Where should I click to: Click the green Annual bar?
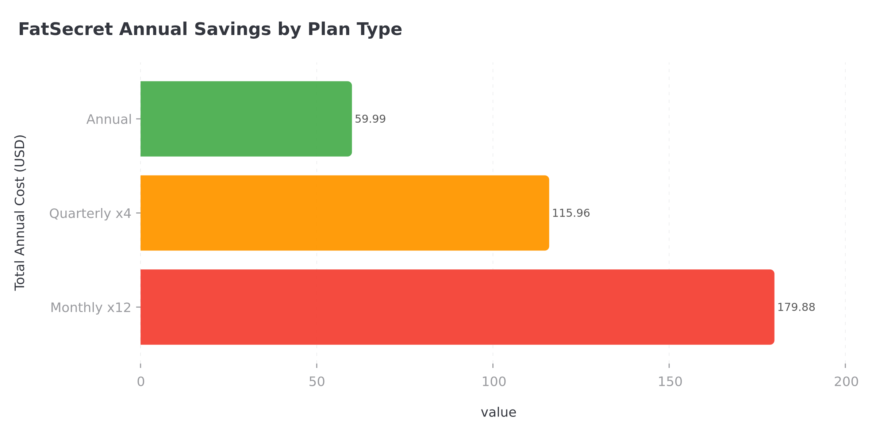[246, 119]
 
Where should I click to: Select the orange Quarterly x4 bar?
[345, 213]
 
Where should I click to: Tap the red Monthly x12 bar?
[457, 307]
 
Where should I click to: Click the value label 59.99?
[370, 119]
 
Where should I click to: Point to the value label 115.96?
[571, 213]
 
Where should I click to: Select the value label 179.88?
[796, 307]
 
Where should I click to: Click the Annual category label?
[109, 119]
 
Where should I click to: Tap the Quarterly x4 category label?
[90, 213]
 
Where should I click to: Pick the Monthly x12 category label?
[91, 307]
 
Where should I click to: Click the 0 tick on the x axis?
[141, 382]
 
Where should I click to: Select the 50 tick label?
[316, 382]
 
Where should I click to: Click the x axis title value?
[498, 412]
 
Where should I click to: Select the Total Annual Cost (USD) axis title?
[20, 213]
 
